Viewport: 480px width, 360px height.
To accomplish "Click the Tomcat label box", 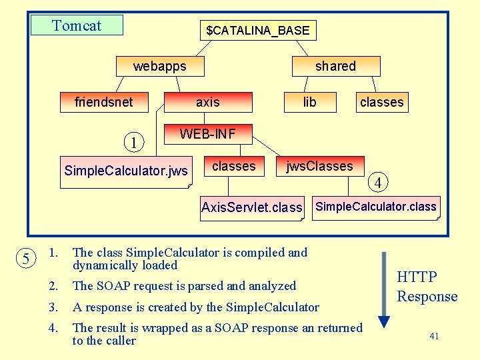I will (77, 25).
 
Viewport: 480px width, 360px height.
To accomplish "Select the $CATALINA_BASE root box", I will (258, 31).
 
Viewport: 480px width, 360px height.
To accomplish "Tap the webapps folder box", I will (160, 66).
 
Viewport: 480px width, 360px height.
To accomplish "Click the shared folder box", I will (336, 66).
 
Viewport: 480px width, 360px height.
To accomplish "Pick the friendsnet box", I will (104, 102).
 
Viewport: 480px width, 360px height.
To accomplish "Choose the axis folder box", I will (208, 102).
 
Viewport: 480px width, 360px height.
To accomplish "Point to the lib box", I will (310, 102).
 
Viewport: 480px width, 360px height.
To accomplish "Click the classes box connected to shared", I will (381, 102).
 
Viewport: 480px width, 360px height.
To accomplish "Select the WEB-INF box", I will (207, 134).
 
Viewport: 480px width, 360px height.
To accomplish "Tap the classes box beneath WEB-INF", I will (234, 167).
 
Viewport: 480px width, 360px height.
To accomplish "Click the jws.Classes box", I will (320, 167).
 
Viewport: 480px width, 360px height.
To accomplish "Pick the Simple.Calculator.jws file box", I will (126, 171).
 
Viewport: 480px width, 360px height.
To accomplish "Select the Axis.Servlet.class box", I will (252, 207).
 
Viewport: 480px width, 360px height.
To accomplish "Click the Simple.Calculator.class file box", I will (376, 207).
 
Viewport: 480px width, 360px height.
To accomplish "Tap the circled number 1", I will (134, 142).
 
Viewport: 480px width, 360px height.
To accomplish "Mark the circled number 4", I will (378, 182).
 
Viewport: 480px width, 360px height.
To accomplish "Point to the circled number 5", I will (25, 259).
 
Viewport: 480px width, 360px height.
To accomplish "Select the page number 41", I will (434, 336).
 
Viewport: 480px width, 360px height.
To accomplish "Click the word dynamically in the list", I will (103, 265).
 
